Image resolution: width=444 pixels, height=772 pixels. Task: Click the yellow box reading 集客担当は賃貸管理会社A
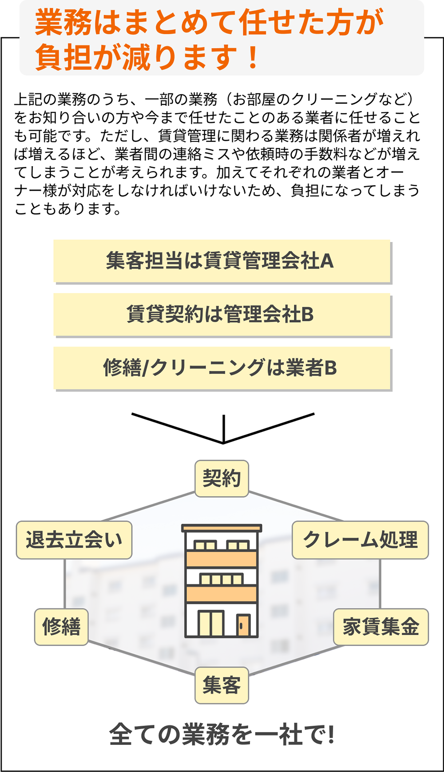point(222,261)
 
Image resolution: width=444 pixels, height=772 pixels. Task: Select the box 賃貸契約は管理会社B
point(222,314)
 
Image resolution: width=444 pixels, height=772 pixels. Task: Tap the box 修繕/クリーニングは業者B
point(222,368)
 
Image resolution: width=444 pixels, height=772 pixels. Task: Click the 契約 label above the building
point(222,478)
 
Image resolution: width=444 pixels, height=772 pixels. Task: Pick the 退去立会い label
point(74,540)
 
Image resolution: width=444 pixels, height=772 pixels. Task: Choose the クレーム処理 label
point(360,540)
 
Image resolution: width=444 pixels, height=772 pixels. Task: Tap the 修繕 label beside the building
point(61,627)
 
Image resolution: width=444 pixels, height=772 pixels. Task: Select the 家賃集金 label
point(381,627)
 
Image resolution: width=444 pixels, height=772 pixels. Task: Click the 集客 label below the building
point(222,685)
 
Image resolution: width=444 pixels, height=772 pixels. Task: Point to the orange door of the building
point(243,625)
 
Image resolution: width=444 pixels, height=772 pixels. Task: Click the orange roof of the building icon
point(222,528)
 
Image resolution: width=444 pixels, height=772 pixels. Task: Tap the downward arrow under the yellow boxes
point(223,429)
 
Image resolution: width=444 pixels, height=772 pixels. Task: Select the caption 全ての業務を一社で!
point(222,734)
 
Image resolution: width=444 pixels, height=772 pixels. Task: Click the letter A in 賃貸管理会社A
point(327,261)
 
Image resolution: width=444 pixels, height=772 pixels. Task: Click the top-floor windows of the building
point(222,545)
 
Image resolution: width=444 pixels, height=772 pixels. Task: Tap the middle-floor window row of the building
point(222,579)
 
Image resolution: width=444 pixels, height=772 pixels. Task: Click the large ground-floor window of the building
point(210,624)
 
